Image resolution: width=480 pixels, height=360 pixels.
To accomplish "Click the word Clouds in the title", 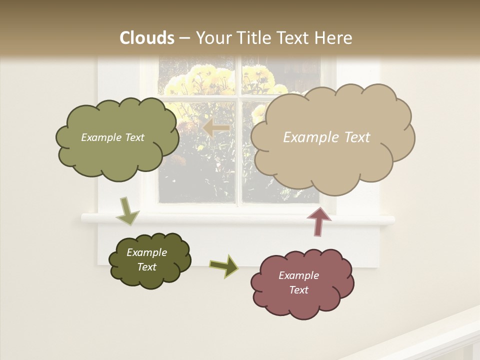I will coord(147,38).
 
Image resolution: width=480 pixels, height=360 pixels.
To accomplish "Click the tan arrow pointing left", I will coord(216,128).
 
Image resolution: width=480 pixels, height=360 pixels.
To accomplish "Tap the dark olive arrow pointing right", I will coord(224,265).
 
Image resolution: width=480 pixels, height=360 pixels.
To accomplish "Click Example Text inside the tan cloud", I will coord(326,137).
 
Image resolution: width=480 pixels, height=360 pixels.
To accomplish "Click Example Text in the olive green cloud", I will coord(112,137).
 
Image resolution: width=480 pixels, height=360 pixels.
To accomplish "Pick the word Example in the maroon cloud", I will coord(298,275).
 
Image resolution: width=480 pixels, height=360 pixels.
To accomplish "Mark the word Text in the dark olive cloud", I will coord(146,267).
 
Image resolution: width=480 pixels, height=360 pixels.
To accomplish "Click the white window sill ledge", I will coord(237,219).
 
